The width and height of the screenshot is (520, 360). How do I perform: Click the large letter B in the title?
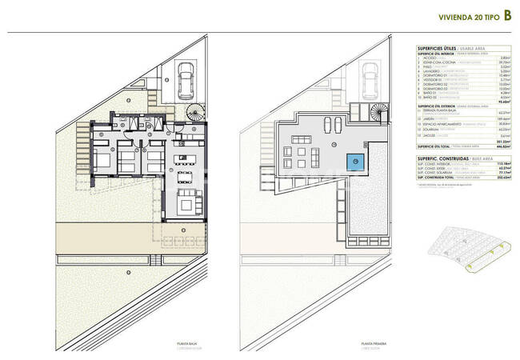pos(508,15)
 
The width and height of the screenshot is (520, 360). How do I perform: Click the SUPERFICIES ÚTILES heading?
pos(438,49)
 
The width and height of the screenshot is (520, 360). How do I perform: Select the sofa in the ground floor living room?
pos(186,205)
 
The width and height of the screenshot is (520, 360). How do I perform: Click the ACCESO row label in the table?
pos(432,58)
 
